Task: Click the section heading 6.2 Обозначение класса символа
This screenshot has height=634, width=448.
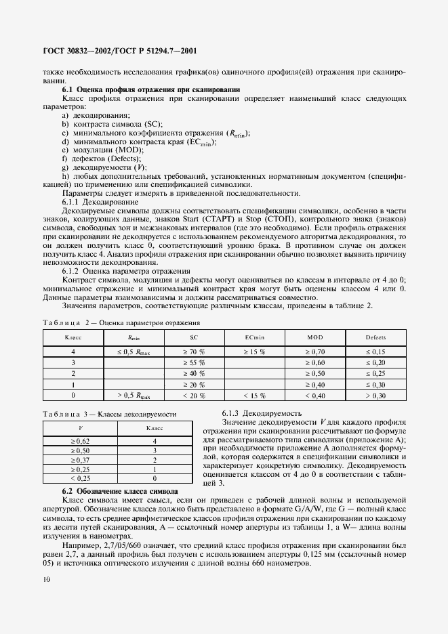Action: (x=119, y=490)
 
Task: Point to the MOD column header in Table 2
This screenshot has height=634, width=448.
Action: (x=314, y=337)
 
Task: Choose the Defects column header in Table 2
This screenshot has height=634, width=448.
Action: (x=375, y=337)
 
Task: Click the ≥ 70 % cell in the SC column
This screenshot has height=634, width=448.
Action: (x=193, y=352)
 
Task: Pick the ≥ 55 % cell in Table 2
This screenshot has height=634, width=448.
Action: (x=193, y=363)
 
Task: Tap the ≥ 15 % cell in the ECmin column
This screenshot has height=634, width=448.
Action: (x=254, y=352)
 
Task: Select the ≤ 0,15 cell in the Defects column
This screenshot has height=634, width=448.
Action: (x=375, y=352)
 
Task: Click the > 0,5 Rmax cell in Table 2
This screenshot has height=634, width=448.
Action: (x=134, y=395)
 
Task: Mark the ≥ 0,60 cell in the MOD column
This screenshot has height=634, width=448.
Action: (x=314, y=363)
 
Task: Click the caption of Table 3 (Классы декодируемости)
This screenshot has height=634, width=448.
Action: (x=110, y=413)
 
